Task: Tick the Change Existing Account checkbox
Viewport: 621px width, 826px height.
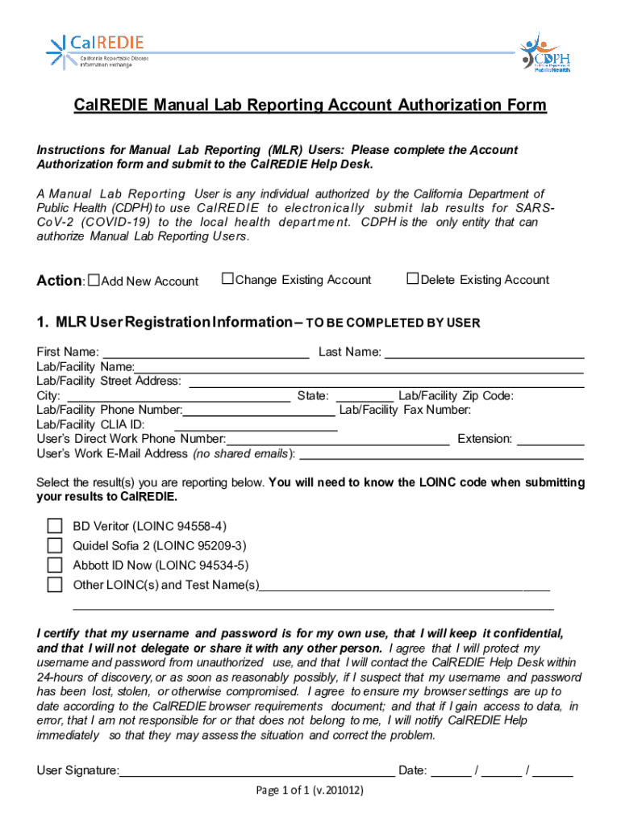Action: pyautogui.click(x=227, y=279)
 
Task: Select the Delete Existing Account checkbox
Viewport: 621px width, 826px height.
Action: pyautogui.click(x=413, y=279)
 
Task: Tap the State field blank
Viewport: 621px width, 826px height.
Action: pyautogui.click(x=365, y=395)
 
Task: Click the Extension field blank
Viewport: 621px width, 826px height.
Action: pyautogui.click(x=550, y=439)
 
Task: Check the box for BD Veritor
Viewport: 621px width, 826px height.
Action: pyautogui.click(x=55, y=526)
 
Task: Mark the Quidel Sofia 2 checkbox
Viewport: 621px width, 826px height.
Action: pyautogui.click(x=55, y=545)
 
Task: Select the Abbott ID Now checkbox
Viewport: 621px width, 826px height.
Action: pyautogui.click(x=55, y=565)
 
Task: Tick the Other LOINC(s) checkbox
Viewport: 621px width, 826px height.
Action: pyautogui.click(x=55, y=584)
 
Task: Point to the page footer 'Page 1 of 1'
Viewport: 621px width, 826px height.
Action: pyautogui.click(x=310, y=791)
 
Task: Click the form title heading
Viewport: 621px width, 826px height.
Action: pyautogui.click(x=310, y=106)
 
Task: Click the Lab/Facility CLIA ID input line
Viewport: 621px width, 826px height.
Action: pyautogui.click(x=255, y=424)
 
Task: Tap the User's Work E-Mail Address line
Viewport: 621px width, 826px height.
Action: pyautogui.click(x=441, y=453)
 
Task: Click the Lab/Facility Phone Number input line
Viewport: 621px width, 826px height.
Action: pyautogui.click(x=260, y=410)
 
